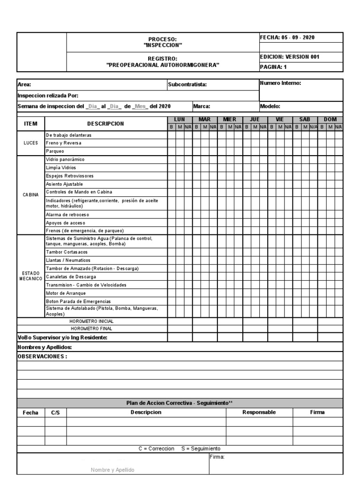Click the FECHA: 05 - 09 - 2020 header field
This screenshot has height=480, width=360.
(288, 37)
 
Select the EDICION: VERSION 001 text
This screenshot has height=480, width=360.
(289, 57)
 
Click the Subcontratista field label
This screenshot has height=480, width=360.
(187, 85)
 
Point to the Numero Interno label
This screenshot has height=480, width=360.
(280, 83)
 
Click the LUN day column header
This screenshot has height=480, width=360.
(180, 120)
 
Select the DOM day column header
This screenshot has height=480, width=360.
(330, 120)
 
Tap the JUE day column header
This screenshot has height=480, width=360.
(255, 120)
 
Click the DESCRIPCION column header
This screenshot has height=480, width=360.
(105, 124)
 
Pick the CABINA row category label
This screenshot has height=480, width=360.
(31, 195)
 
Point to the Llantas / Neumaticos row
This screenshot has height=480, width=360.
(68, 260)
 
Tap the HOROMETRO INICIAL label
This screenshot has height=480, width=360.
(91, 322)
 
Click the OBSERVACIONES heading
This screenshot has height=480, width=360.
(42, 356)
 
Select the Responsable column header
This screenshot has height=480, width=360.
(259, 412)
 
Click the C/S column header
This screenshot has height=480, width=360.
(55, 412)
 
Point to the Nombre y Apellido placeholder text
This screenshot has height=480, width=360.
(112, 469)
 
